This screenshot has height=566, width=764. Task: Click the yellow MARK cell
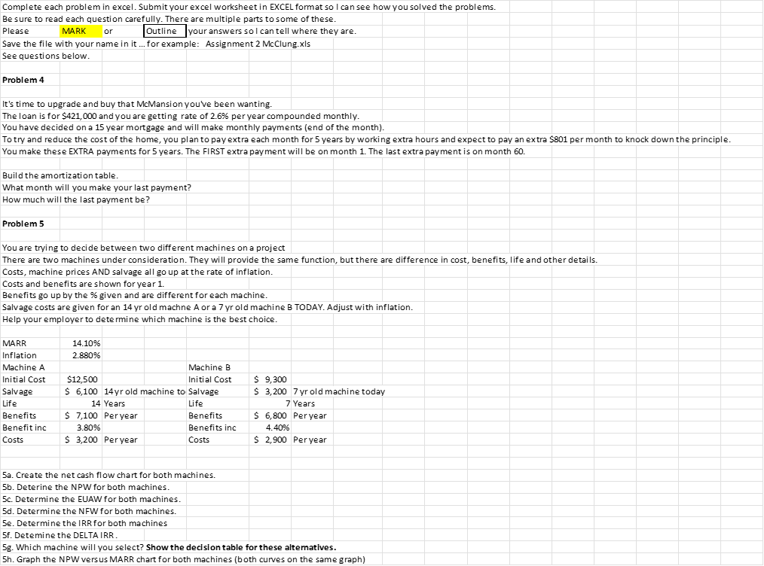(81, 31)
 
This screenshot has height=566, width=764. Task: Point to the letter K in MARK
(83, 31)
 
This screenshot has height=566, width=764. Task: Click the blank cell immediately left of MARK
(30, 31)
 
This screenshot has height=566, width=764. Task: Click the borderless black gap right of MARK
(165, 31)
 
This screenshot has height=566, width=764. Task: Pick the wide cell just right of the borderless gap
(284, 31)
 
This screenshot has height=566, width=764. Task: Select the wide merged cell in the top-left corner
(255, 6)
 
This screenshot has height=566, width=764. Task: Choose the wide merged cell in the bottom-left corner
(191, 558)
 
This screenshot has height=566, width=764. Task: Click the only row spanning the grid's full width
(382, 139)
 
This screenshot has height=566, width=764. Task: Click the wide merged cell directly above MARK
(191, 18)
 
